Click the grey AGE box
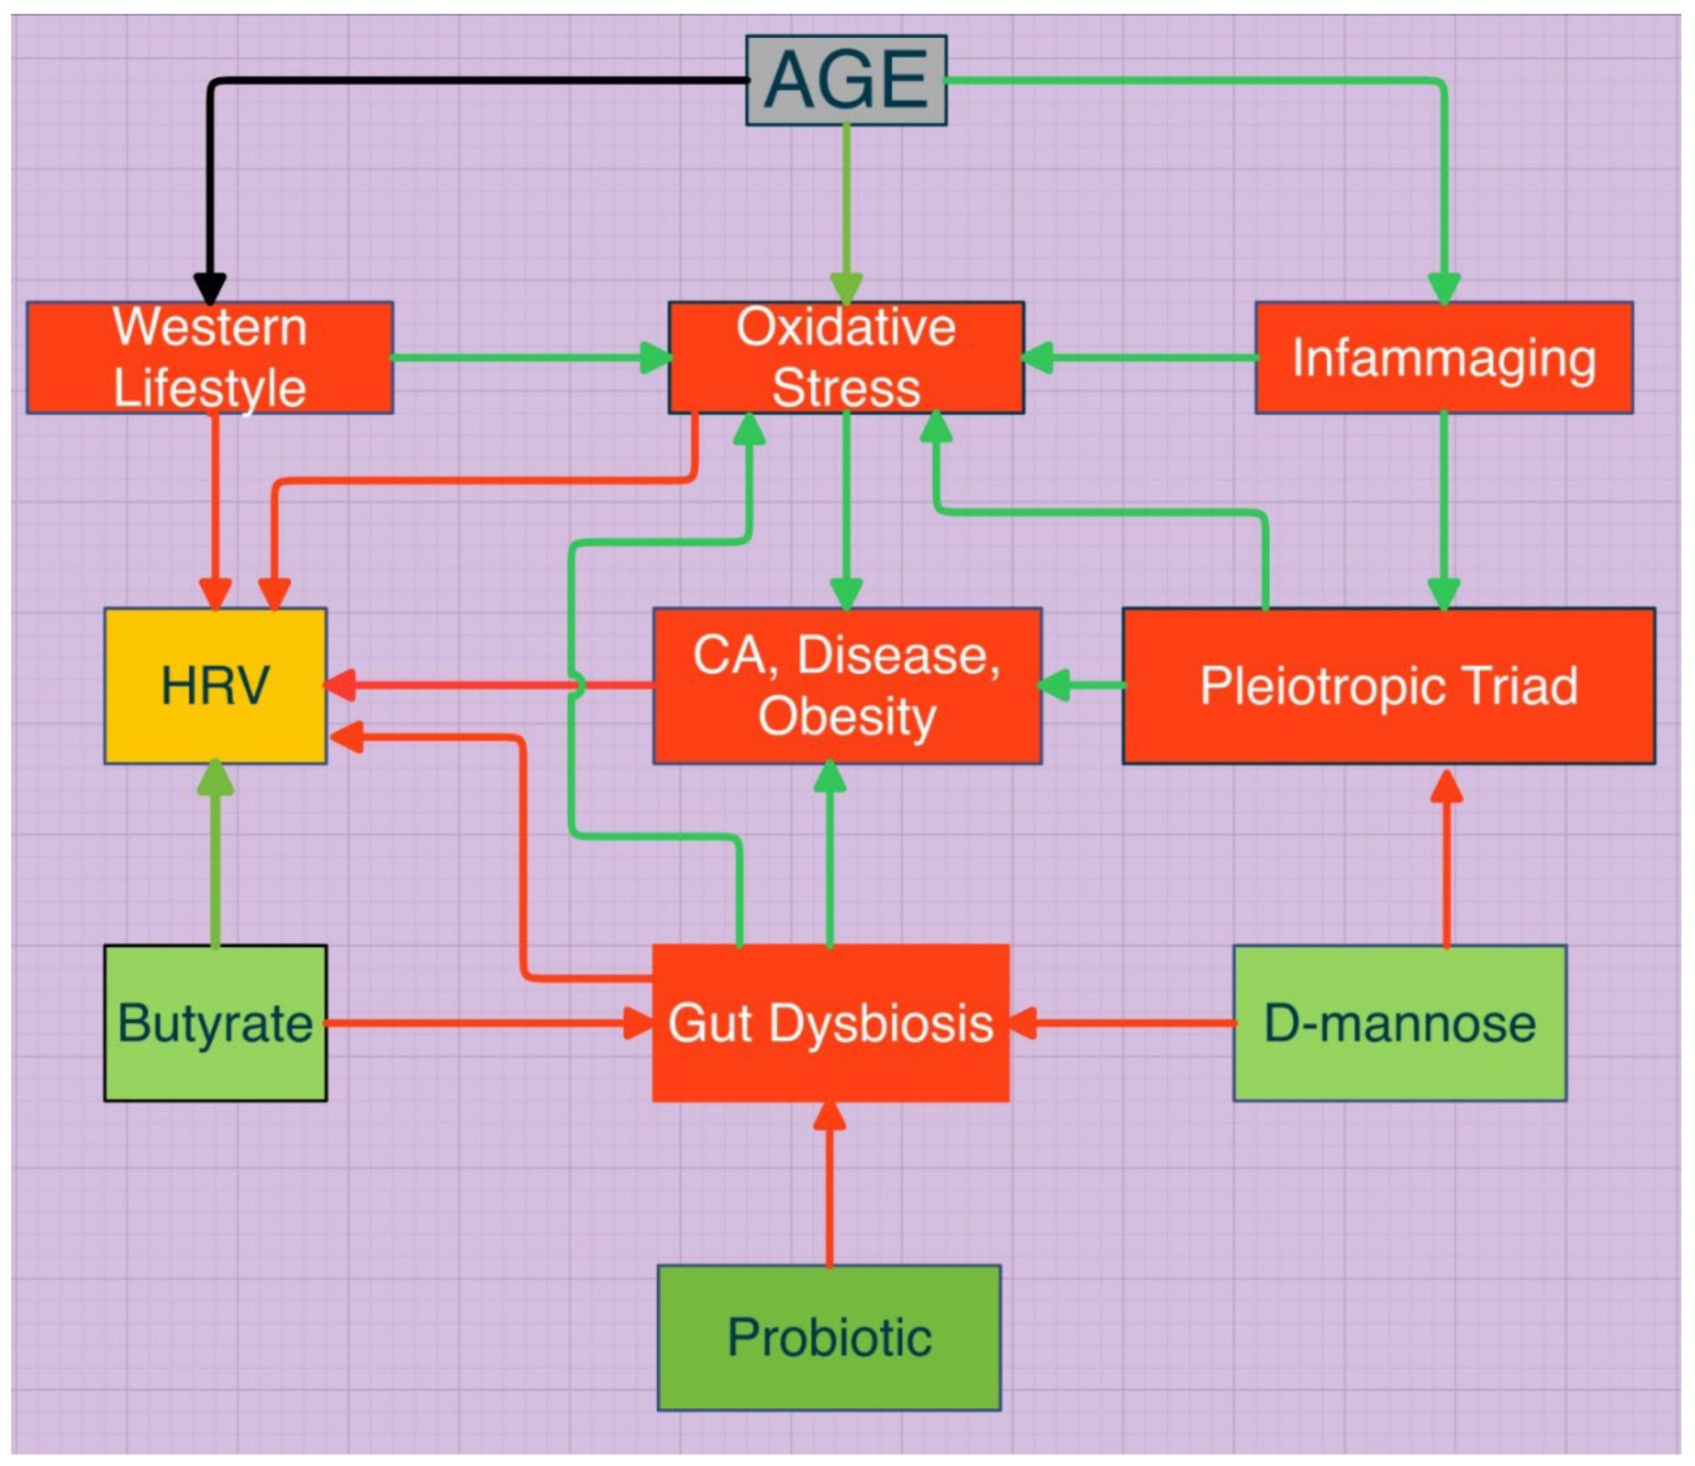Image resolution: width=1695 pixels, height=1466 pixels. point(846,79)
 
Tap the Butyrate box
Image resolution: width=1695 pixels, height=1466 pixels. point(215,1022)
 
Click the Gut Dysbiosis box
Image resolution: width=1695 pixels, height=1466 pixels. point(830,1022)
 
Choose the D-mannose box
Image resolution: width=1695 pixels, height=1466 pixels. point(1400,1022)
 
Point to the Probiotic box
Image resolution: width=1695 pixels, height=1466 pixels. point(829,1338)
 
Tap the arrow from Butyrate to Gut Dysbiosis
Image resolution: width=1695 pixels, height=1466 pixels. point(483,1022)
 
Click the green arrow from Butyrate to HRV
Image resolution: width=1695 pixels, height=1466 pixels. point(215,859)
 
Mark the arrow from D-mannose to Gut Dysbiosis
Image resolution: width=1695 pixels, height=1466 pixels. point(1129,1022)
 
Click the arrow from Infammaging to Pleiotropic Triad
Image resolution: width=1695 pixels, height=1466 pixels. point(1444,508)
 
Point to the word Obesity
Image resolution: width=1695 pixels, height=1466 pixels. point(846,716)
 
